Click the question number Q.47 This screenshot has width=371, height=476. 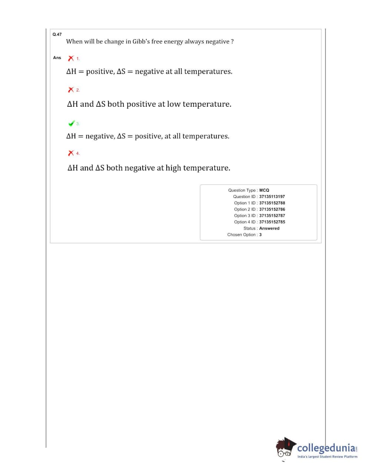tap(57, 34)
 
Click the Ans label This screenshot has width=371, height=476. tap(57, 57)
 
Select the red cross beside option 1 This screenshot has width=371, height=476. tap(71, 58)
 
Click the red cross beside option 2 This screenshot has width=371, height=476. tap(71, 90)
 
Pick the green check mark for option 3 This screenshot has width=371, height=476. tap(72, 123)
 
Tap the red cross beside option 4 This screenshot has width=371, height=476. tap(71, 153)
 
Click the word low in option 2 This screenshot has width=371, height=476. tap(173, 104)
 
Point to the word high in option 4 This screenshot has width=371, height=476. tap(173, 168)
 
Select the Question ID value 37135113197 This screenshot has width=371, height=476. tap(272, 196)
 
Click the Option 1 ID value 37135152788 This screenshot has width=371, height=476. tap(272, 203)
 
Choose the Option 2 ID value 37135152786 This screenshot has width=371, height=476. tap(272, 209)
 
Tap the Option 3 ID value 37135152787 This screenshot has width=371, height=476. tap(272, 215)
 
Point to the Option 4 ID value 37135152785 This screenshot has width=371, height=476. tap(272, 222)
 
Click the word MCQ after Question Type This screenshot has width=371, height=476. tap(264, 190)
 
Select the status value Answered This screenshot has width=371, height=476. tap(269, 228)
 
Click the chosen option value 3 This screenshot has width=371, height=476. tap(261, 235)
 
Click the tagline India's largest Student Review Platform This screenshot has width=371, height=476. tap(327, 457)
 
